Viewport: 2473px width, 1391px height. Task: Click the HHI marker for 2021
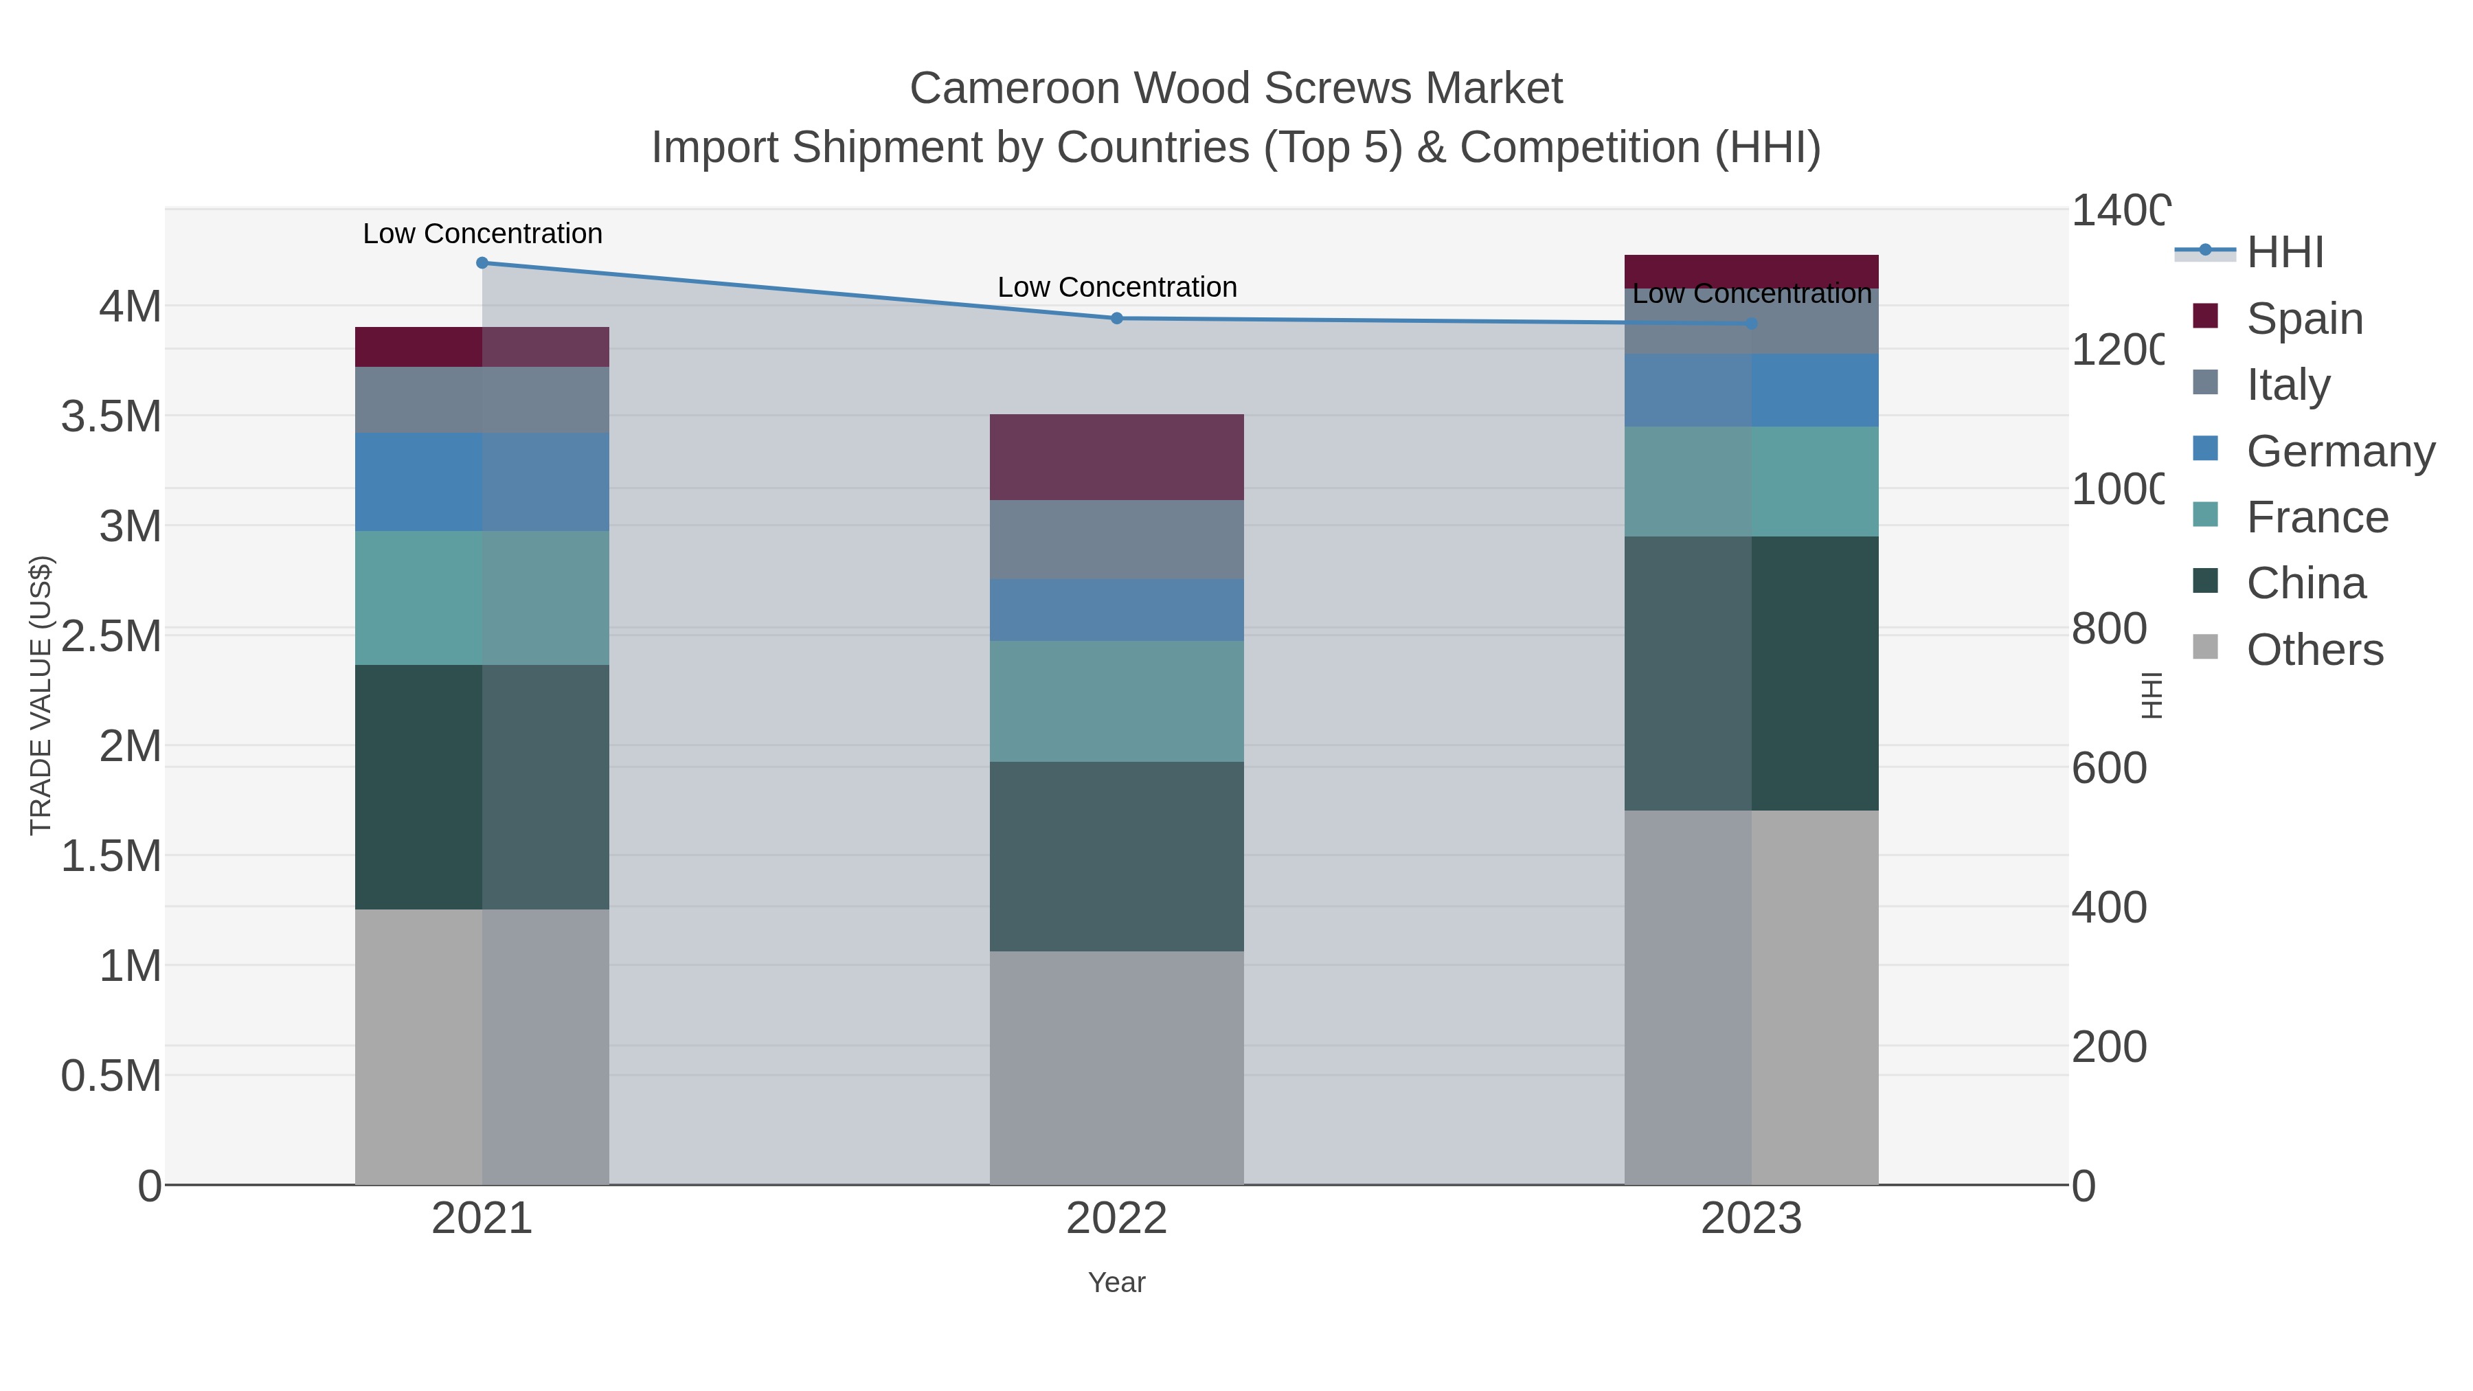(482, 263)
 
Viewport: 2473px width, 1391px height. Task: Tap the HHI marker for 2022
(1116, 319)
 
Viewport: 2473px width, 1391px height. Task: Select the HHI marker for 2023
(1751, 324)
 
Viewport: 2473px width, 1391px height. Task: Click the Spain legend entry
(2304, 318)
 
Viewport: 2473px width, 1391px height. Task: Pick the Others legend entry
(2314, 650)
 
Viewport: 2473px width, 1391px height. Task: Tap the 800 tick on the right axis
(2108, 629)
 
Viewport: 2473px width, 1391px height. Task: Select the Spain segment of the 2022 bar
(1116, 457)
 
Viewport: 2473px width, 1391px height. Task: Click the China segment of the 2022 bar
(1116, 857)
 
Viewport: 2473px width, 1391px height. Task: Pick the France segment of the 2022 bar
(1116, 701)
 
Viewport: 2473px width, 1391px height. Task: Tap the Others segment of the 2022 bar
(1116, 1067)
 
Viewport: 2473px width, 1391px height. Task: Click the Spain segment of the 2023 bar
(1751, 271)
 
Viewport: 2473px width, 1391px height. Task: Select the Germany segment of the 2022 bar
(1116, 609)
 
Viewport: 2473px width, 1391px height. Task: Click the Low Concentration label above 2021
(482, 234)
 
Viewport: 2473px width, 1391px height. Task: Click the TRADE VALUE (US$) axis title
(41, 695)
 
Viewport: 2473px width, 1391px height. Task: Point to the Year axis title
(1116, 1282)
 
